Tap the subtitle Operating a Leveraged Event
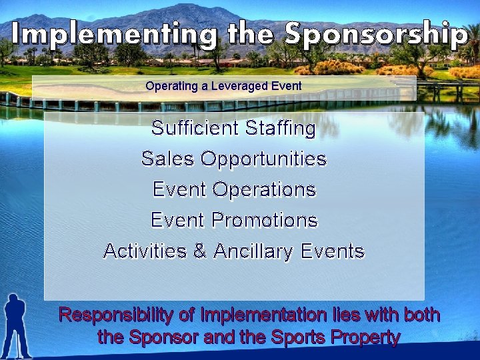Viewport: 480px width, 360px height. click(223, 86)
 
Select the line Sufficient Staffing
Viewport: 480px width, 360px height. click(233, 128)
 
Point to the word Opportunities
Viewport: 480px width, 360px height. click(263, 159)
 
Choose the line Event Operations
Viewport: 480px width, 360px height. click(234, 189)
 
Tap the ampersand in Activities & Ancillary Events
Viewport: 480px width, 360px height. click(199, 251)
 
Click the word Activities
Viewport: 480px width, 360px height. click(146, 251)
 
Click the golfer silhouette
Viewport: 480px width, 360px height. click(17, 327)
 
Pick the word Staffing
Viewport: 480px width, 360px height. click(281, 128)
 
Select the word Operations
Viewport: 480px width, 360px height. click(264, 189)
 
